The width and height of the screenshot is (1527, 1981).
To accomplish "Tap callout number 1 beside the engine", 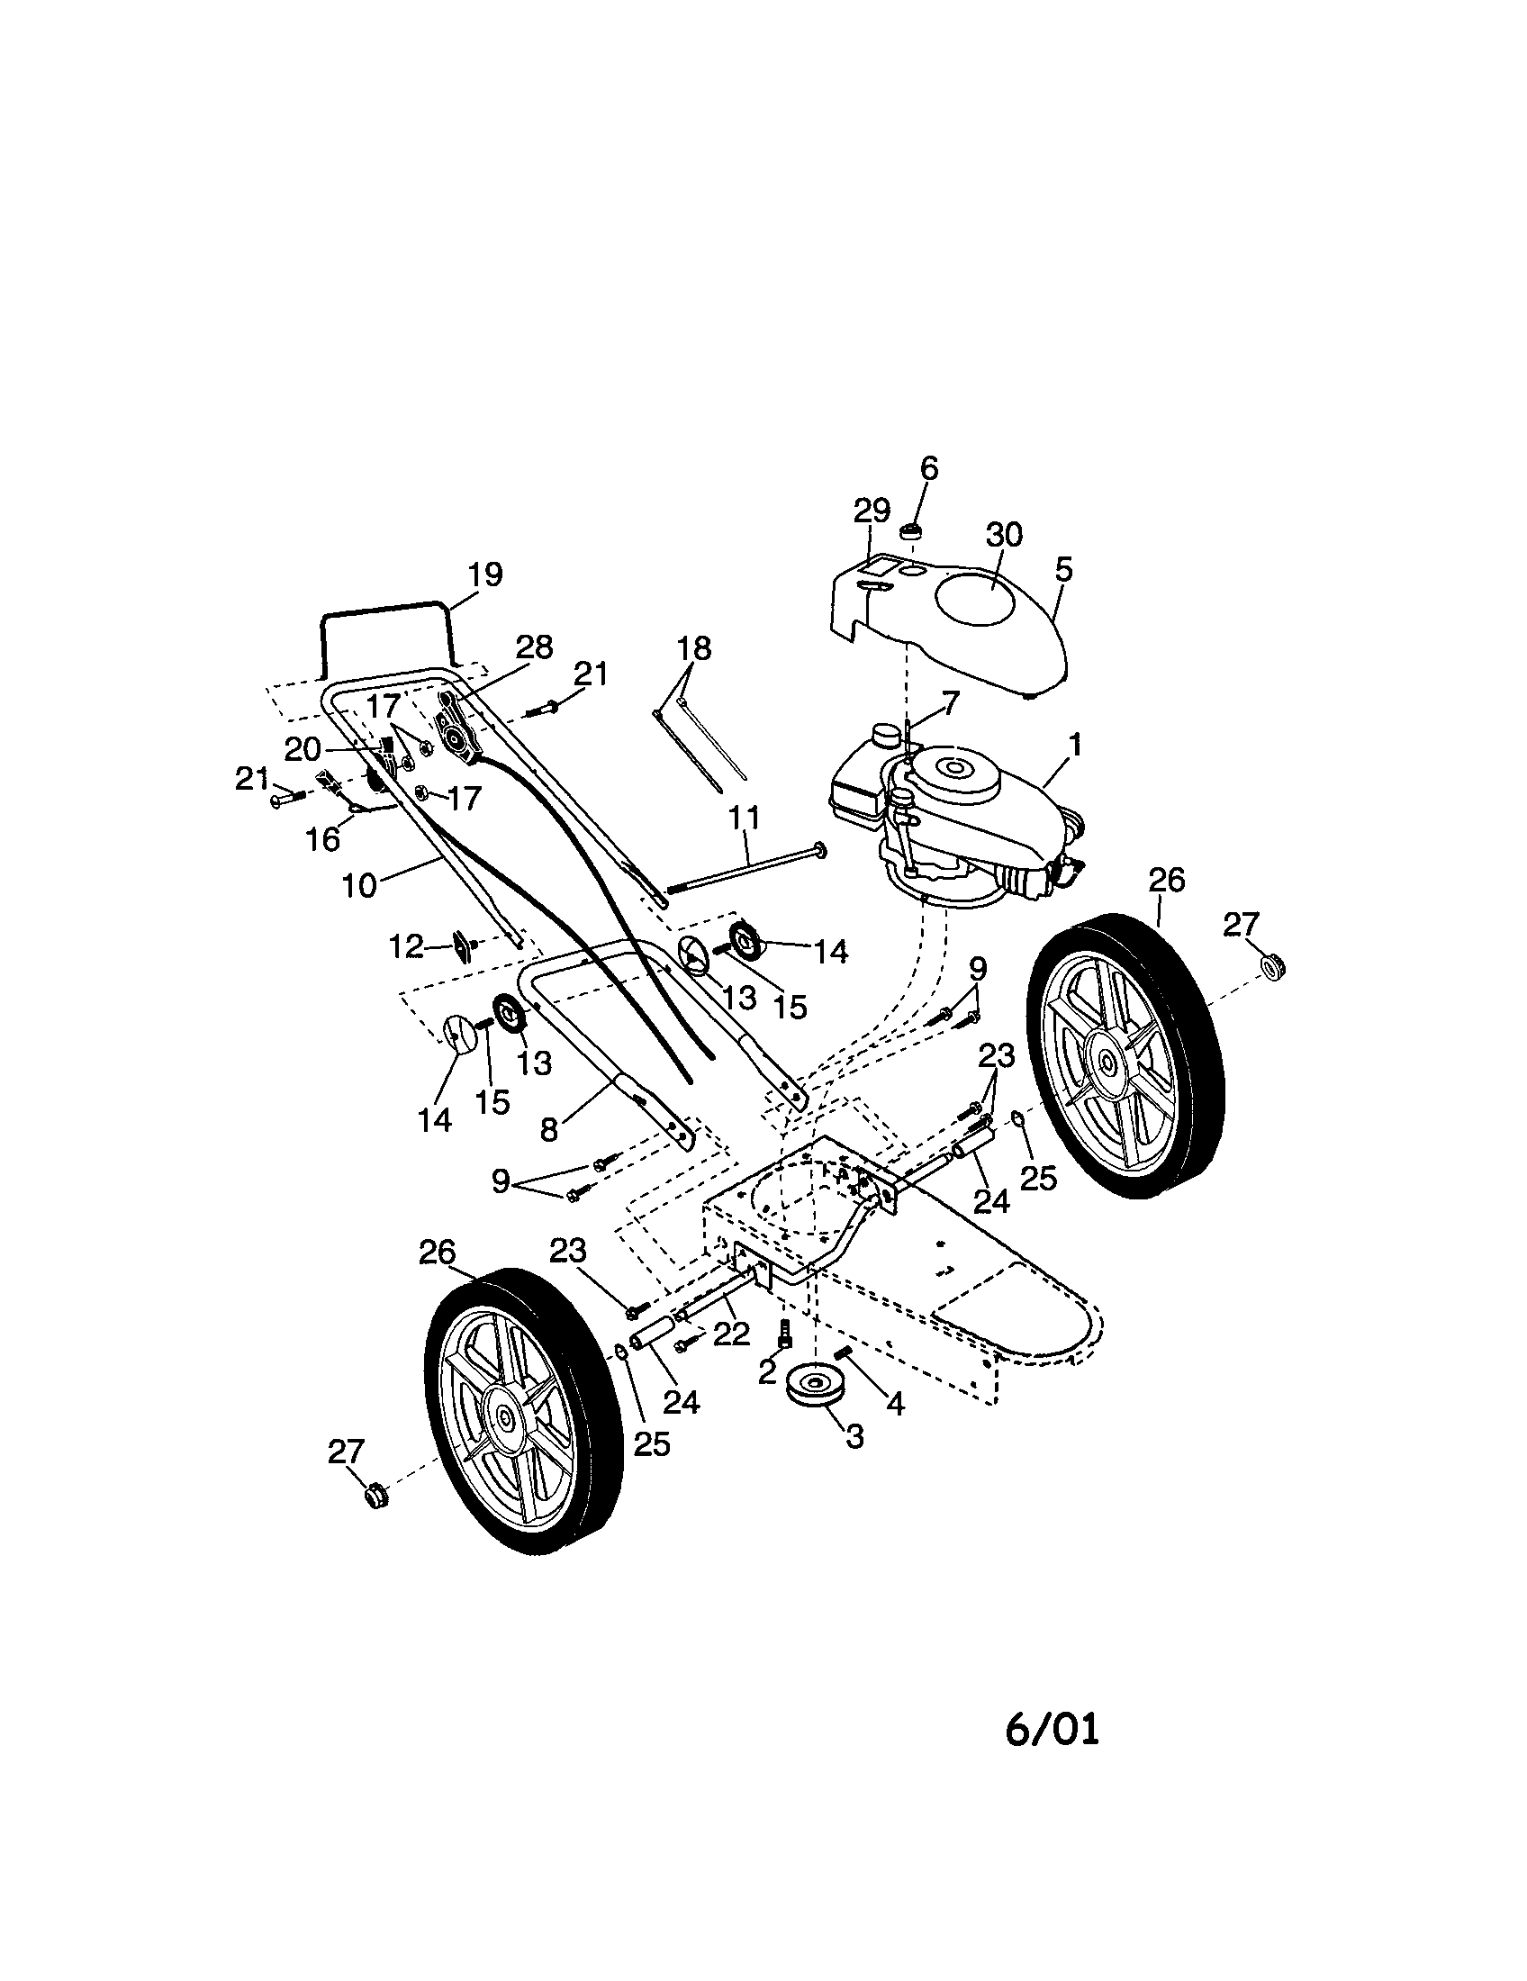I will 1074,746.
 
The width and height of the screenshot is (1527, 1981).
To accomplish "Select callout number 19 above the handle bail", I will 484,575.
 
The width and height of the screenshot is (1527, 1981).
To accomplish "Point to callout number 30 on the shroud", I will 1004,535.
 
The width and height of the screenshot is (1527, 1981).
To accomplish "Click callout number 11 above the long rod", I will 745,818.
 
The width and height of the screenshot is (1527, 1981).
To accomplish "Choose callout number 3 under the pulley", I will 854,1436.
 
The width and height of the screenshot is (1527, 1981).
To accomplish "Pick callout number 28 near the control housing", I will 534,647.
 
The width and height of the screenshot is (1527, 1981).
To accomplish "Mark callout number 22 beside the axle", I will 732,1334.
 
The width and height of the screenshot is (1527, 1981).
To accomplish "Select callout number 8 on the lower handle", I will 548,1130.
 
